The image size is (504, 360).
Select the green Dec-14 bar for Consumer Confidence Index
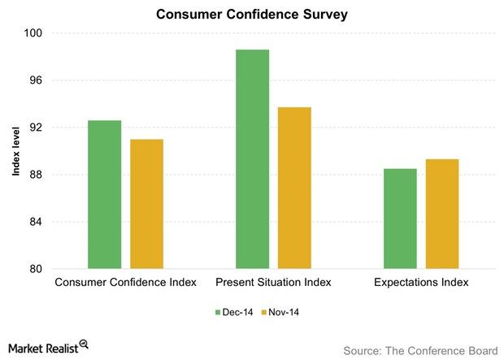click(x=105, y=194)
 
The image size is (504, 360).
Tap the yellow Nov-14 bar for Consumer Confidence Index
click(x=147, y=204)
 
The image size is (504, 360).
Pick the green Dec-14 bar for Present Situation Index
click(x=253, y=159)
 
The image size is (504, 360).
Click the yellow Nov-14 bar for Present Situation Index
click(x=295, y=188)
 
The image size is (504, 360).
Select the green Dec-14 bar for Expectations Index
click(x=400, y=219)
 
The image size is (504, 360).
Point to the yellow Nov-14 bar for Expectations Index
click(x=442, y=214)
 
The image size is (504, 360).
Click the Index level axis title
click(x=14, y=151)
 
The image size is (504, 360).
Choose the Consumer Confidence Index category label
click(x=126, y=284)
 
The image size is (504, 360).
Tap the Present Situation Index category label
click(x=273, y=284)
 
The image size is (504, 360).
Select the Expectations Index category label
click(x=421, y=284)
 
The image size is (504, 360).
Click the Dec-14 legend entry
click(x=233, y=311)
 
